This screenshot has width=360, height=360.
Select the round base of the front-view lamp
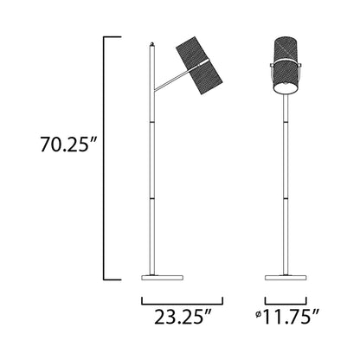[x=286, y=277]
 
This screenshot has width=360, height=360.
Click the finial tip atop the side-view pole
[x=153, y=42]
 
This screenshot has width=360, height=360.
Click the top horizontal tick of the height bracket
[x=110, y=37]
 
